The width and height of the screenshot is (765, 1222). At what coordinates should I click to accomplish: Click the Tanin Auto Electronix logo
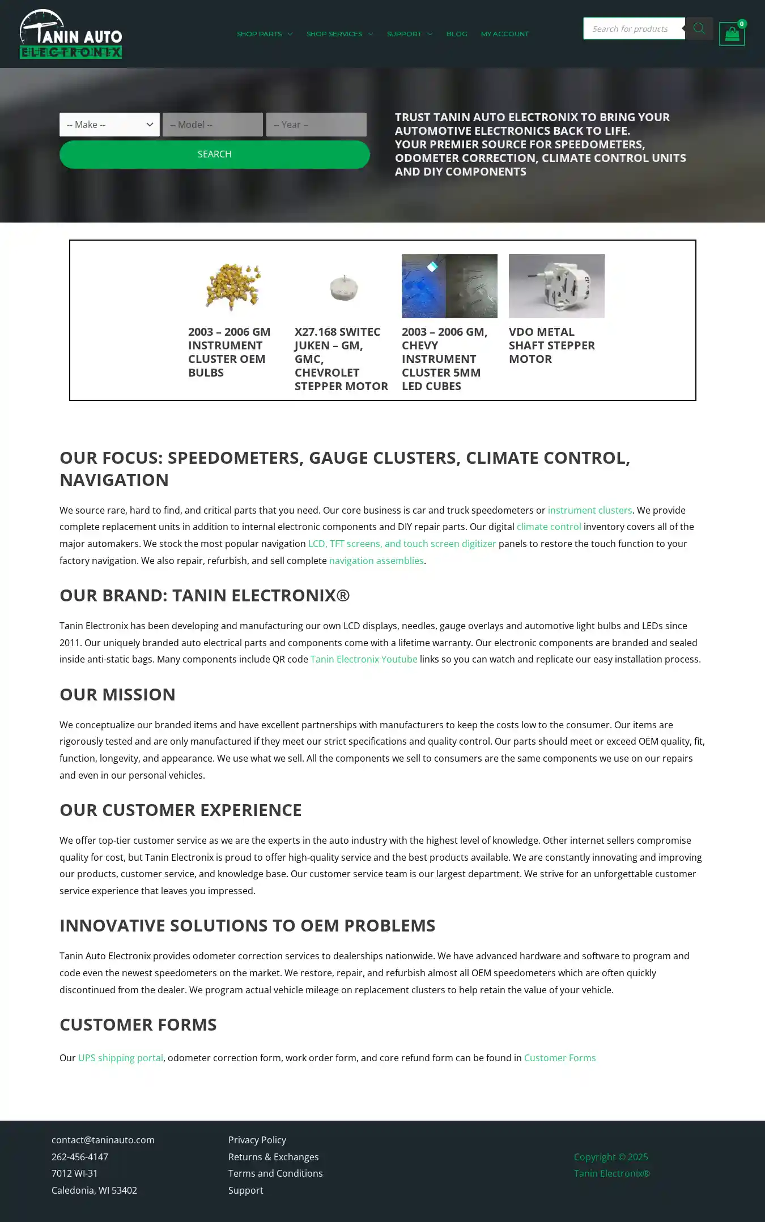pos(71,34)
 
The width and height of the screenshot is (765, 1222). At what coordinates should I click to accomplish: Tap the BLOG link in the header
pos(457,34)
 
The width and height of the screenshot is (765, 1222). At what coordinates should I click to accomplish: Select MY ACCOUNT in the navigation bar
pos(504,34)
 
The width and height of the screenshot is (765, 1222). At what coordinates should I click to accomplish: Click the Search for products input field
pos(634,29)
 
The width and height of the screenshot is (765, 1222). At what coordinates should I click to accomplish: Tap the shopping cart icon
pos(732,35)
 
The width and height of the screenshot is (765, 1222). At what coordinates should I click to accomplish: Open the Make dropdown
pos(109,125)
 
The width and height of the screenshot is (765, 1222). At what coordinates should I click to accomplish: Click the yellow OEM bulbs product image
pos(233,287)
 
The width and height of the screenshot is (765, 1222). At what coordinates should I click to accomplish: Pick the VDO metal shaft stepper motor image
pos(556,286)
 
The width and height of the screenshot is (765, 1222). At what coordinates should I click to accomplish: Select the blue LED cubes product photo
pos(449,286)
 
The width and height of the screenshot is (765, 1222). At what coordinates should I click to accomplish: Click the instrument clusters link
pos(589,510)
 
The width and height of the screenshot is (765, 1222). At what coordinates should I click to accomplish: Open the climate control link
pos(549,527)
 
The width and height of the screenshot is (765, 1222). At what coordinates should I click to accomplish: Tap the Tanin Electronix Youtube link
pos(363,659)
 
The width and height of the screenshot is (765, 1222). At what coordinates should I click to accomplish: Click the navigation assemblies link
pos(376,561)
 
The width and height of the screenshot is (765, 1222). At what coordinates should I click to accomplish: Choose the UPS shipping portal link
pos(120,1058)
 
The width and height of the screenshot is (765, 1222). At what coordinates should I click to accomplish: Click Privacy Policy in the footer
pos(257,1140)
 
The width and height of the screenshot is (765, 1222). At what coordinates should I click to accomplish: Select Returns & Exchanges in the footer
pos(273,1157)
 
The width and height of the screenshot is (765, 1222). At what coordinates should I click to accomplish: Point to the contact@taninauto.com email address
pos(103,1140)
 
